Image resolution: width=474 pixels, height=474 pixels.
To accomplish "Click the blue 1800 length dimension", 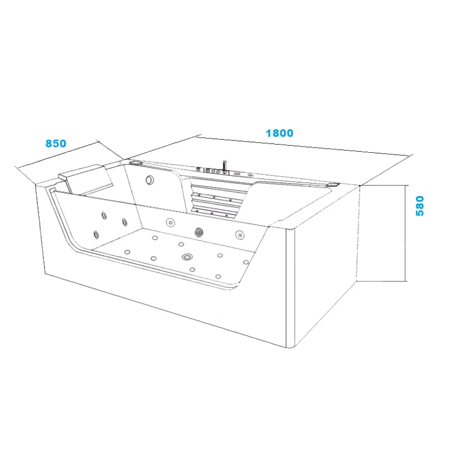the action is pyautogui.click(x=279, y=133).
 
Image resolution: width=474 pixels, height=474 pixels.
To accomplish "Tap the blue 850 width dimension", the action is pyautogui.click(x=56, y=143).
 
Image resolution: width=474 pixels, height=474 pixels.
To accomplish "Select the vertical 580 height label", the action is pyautogui.click(x=420, y=206).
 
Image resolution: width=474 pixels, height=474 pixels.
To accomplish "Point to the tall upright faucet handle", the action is pyautogui.click(x=225, y=166).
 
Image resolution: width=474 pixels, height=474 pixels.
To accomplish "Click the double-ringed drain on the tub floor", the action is pyautogui.click(x=187, y=257).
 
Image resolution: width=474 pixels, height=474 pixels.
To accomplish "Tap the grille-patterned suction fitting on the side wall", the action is pyautogui.click(x=199, y=232).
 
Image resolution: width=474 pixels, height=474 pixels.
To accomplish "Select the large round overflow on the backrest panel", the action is pyautogui.click(x=149, y=180).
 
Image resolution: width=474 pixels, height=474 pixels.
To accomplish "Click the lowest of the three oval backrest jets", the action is pyautogui.click(x=96, y=234).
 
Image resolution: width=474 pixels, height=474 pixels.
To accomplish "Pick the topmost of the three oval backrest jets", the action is pyautogui.click(x=104, y=216).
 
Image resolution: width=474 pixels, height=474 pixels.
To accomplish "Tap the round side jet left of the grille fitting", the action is pyautogui.click(x=171, y=223).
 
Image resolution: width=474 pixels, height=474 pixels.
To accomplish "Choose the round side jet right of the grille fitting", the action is pyautogui.click(x=240, y=235).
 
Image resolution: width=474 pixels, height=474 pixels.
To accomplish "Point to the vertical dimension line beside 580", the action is pyautogui.click(x=405, y=233).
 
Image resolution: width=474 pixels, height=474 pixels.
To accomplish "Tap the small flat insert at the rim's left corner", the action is pyautogui.click(x=136, y=162).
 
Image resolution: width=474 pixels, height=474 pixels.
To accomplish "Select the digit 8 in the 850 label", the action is pyautogui.click(x=49, y=143).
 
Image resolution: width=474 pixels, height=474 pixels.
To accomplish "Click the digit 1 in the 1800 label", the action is pyautogui.click(x=268, y=133).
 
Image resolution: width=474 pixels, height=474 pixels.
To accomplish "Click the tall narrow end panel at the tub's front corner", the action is pyautogui.click(x=290, y=289).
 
